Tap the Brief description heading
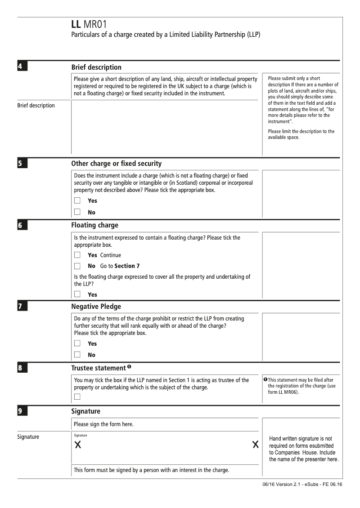pos(96,67)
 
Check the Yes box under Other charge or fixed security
pos(77,201)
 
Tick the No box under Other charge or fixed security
pos(77,212)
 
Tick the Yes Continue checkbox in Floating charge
pos(77,255)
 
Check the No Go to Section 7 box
pos(77,266)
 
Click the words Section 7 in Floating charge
pos(127,266)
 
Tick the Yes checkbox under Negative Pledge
pos(77,343)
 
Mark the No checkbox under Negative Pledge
pos(77,355)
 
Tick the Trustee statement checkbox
pos(77,396)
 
